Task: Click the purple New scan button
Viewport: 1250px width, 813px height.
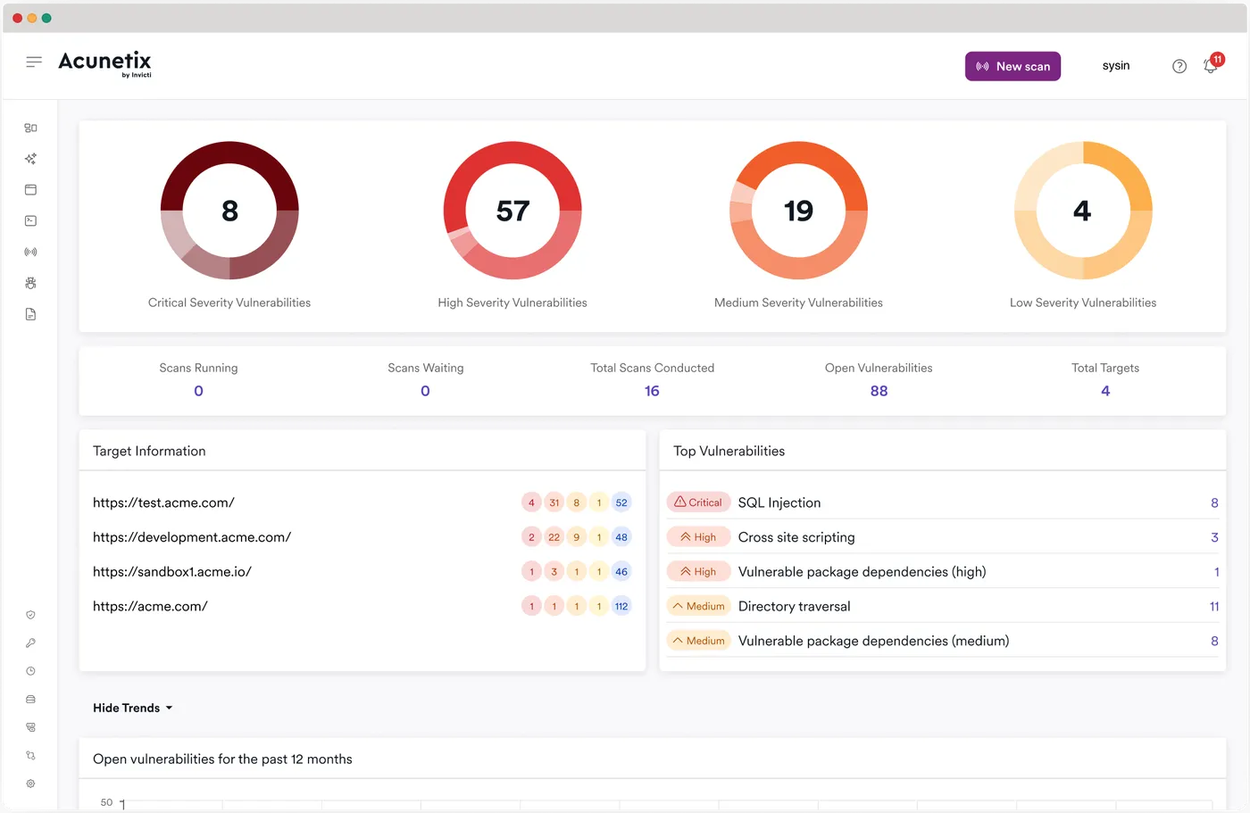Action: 1012,66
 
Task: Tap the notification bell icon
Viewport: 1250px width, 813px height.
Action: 1210,66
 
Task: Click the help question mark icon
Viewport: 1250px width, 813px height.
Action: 1179,66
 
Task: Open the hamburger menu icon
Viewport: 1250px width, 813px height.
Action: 34,62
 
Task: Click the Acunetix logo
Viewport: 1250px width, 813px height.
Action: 104,62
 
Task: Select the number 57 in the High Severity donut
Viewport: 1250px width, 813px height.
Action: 512,211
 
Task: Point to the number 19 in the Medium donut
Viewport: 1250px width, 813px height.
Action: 798,211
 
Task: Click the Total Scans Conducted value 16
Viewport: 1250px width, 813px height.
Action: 652,391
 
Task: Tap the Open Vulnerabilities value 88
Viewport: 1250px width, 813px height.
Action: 879,391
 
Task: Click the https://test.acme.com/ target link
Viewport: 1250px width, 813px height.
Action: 163,502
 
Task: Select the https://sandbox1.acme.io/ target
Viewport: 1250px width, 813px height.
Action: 171,571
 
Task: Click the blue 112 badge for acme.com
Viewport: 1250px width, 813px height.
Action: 621,606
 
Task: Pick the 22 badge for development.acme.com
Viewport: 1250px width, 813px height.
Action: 554,537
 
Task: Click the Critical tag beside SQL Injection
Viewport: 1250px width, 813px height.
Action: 698,502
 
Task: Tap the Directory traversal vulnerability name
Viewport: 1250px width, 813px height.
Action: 794,606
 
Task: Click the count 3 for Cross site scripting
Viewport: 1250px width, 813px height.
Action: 1214,537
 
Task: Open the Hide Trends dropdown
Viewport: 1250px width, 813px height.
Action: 132,708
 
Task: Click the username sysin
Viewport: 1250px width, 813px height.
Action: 1116,66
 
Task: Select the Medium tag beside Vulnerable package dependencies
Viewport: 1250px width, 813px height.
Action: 698,641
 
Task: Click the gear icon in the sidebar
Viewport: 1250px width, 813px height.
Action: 30,784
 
